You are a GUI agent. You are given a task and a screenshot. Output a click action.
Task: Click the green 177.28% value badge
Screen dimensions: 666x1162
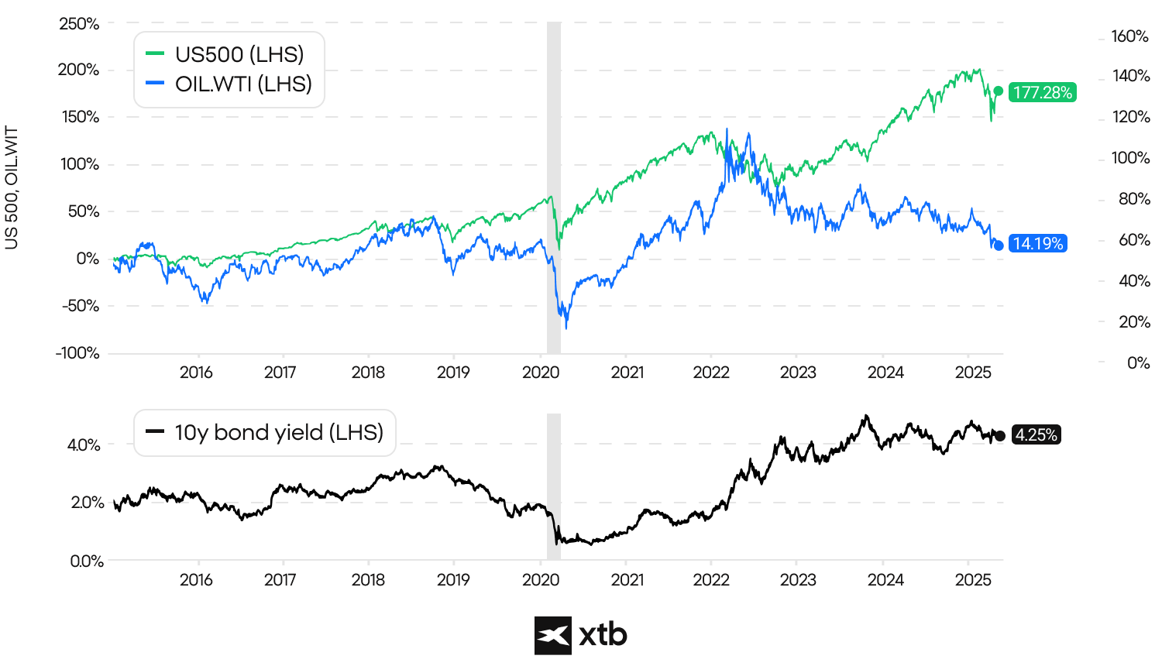[x=1043, y=93]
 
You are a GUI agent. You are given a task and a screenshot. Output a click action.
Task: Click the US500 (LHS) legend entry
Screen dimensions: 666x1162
[x=228, y=54]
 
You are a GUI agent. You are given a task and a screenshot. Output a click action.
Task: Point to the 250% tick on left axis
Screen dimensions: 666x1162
[x=79, y=24]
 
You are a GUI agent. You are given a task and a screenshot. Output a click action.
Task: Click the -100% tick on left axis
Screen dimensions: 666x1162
[x=77, y=353]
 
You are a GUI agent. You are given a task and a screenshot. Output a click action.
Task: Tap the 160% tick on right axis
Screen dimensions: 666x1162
[x=1129, y=36]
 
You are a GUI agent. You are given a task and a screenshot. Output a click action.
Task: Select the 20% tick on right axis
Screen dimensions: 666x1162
[x=1133, y=321]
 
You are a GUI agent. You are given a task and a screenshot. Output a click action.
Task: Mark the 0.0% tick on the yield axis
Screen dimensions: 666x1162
[x=86, y=561]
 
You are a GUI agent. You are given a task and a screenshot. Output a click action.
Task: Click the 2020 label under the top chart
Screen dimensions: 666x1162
[x=541, y=372]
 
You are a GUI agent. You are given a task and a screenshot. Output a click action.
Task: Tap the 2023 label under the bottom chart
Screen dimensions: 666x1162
[x=798, y=580]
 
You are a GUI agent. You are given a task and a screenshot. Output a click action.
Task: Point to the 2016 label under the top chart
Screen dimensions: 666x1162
[x=196, y=372]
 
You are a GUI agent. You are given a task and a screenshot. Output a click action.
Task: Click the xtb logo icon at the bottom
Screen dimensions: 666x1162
[x=553, y=636]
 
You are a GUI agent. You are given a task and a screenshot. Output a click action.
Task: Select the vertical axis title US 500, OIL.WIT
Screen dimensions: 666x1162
[x=12, y=189]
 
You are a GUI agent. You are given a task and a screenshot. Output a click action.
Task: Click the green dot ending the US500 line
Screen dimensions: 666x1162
[x=999, y=91]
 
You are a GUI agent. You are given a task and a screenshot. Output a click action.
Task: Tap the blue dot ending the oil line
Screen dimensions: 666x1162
[x=999, y=245]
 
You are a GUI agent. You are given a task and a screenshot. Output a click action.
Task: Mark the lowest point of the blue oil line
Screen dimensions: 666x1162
[x=566, y=328]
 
